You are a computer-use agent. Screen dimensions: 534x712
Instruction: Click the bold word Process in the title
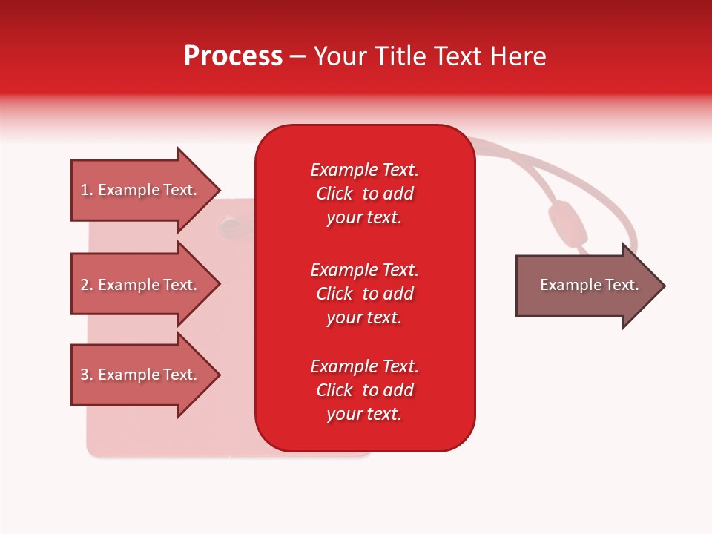click(x=233, y=56)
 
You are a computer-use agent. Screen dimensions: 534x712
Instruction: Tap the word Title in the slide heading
click(x=401, y=56)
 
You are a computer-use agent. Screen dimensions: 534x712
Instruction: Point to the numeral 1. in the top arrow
click(x=86, y=190)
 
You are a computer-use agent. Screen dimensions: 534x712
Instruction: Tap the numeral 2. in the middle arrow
click(x=86, y=285)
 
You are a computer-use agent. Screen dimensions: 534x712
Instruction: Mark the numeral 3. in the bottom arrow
click(x=86, y=375)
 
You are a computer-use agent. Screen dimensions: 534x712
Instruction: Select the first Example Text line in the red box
click(x=364, y=170)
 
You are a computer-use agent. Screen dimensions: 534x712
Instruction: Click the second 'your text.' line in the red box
click(x=364, y=317)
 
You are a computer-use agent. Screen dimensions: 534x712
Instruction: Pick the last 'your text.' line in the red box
click(x=364, y=414)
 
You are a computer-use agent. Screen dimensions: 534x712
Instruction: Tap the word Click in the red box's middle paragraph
click(x=334, y=294)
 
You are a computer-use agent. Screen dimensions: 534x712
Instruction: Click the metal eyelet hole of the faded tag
click(x=230, y=222)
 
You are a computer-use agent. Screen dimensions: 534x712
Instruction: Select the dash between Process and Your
click(x=297, y=57)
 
